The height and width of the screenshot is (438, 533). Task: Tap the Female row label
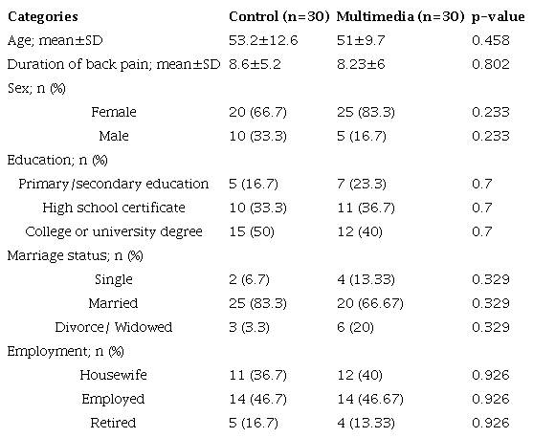pyautogui.click(x=113, y=112)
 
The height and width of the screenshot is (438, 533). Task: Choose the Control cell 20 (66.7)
pyautogui.click(x=260, y=112)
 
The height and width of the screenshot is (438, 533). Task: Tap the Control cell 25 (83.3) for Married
pyautogui.click(x=260, y=303)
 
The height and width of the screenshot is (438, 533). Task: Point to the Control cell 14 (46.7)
pyautogui.click(x=260, y=399)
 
